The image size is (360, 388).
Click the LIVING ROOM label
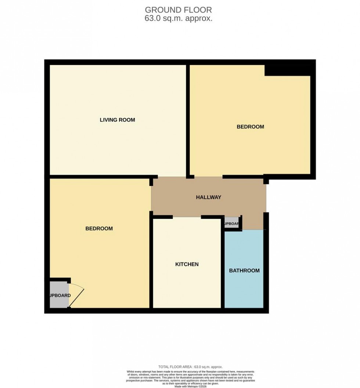coord(117,120)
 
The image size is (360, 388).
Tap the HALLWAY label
coord(208,197)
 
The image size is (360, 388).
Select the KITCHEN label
coord(187,264)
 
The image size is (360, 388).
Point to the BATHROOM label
coord(244,271)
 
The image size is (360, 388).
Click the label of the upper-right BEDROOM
coord(250,127)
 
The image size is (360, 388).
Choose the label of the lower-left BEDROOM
coord(99,228)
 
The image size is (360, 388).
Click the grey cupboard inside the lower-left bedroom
coord(59,295)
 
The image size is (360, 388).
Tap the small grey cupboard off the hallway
coord(231,224)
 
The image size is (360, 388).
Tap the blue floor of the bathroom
coord(244,290)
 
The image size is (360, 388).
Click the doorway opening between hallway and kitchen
coord(187,217)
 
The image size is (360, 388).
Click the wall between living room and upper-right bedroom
coord(187,121)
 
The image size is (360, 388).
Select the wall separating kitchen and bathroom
coord(223,268)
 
